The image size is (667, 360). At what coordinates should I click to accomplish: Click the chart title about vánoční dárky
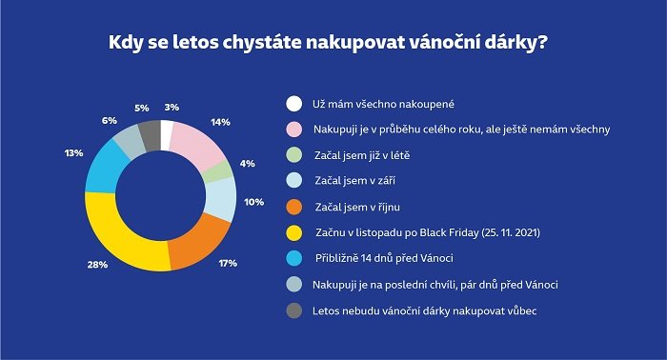click(x=333, y=43)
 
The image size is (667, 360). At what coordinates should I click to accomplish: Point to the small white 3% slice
click(x=167, y=132)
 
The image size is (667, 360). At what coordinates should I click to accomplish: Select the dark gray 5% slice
click(x=149, y=133)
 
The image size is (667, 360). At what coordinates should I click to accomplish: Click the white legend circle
click(x=294, y=104)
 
